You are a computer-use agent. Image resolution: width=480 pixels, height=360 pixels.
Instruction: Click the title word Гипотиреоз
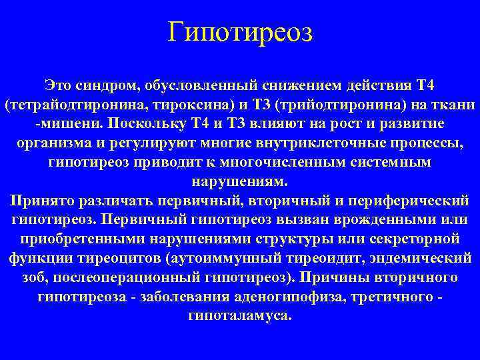pos(239,32)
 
